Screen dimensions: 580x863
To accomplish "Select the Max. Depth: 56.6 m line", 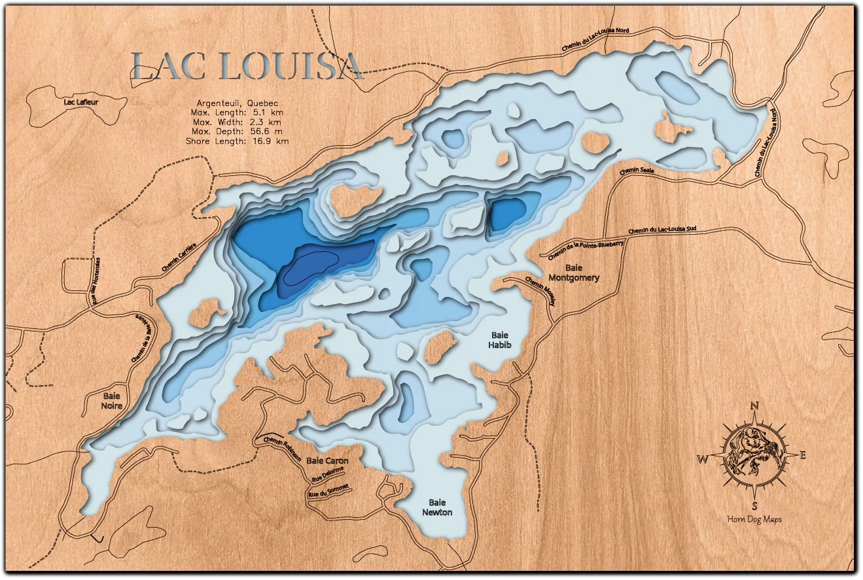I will coord(236,131).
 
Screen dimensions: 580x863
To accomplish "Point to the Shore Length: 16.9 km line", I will coord(236,141).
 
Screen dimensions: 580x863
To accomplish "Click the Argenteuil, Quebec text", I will coord(238,103).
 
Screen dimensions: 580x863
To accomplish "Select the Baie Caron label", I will coord(327,460).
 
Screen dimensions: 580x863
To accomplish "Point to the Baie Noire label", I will coord(112,400).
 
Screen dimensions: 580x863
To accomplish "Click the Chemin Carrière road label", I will coord(179,262).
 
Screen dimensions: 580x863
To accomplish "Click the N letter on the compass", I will coord(754,406).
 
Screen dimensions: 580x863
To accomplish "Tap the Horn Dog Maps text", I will coord(754,520).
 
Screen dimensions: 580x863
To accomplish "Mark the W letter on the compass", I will coord(702,459).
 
